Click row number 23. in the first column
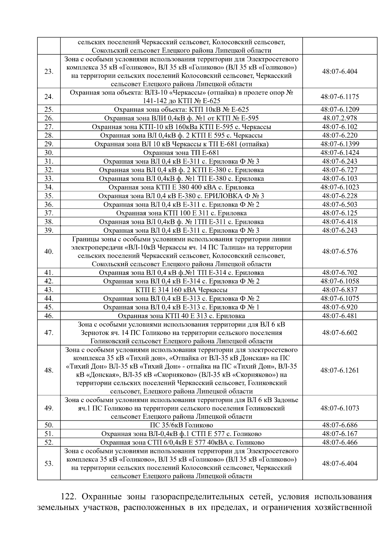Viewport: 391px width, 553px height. tap(49, 72)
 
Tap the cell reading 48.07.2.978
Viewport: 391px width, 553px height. tap(340, 118)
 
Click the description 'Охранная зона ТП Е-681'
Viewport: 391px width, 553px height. tap(181, 153)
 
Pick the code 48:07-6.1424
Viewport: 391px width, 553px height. tap(340, 153)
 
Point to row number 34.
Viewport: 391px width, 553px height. tap(49, 187)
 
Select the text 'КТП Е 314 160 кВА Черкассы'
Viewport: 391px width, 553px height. tap(181, 290)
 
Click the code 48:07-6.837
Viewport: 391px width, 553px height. tap(340, 290)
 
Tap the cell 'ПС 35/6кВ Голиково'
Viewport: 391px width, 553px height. tap(181, 425)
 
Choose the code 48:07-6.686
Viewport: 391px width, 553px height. tap(340, 425)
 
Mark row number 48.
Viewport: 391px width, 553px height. tap(49, 371)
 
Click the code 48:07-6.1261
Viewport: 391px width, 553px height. tap(340, 371)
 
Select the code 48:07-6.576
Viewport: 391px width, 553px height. tap(340, 252)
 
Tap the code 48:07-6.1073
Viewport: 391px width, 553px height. tap(340, 408)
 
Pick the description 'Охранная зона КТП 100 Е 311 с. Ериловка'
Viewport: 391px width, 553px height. tap(181, 213)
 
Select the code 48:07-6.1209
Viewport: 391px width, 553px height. tap(340, 109)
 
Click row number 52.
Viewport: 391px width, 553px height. tap(49, 443)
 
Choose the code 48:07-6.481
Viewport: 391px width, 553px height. tap(340, 316)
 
